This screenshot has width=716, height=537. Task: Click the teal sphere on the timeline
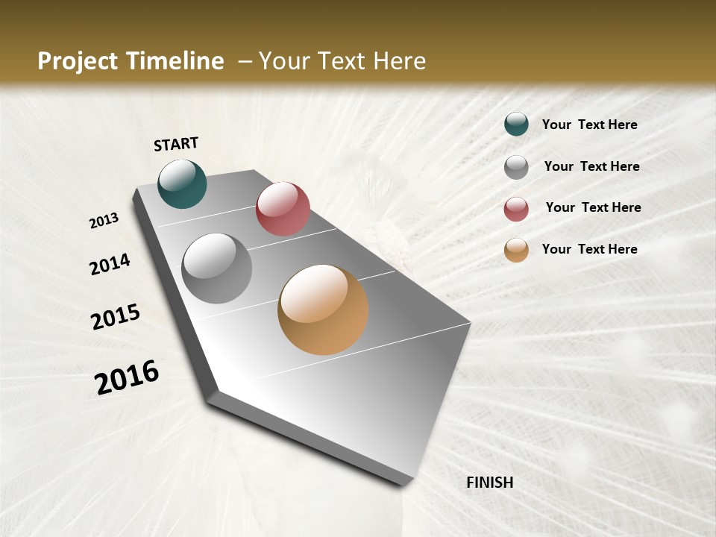(182, 183)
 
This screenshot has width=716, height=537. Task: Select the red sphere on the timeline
(283, 209)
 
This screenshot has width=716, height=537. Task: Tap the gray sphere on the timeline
(217, 268)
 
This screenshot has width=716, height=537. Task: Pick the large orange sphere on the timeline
(323, 310)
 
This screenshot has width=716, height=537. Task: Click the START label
(176, 144)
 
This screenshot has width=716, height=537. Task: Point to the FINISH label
(490, 483)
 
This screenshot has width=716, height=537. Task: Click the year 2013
(104, 221)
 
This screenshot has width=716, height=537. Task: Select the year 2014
(110, 264)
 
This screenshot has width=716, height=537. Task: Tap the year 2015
(116, 316)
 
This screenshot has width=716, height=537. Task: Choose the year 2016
(128, 377)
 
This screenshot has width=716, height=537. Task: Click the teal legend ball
(516, 124)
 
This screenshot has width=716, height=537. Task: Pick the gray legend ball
(516, 167)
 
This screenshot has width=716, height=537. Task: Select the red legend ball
(516, 209)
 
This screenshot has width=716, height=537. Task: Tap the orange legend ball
(516, 250)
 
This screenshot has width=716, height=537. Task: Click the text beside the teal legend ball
(589, 125)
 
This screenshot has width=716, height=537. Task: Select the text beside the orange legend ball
(589, 249)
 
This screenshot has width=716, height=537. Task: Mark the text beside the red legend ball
(593, 207)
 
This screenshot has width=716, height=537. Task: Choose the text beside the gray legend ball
(591, 166)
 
